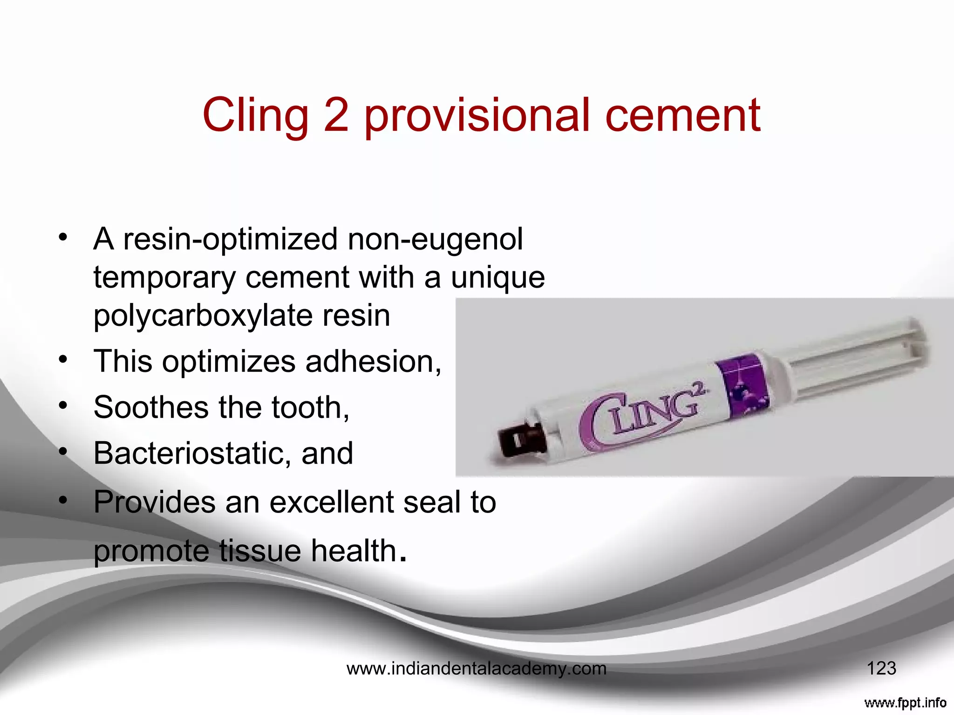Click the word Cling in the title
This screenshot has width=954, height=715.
click(255, 115)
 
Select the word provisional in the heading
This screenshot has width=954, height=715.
click(476, 115)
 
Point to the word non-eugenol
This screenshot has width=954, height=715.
click(435, 239)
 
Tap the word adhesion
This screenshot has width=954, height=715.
click(373, 361)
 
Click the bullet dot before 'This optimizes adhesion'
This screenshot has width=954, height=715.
click(63, 359)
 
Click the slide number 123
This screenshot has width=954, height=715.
click(881, 668)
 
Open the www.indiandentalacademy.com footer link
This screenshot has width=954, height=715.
click(477, 669)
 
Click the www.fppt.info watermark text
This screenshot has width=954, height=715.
click(905, 702)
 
